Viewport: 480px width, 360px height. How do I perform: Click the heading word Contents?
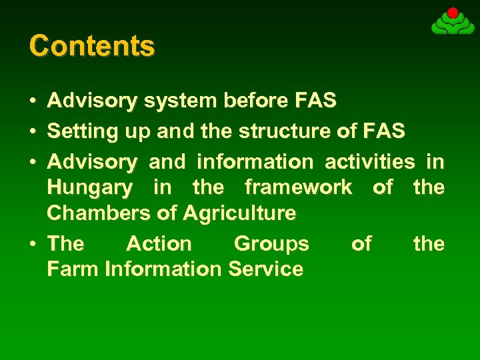coord(92,46)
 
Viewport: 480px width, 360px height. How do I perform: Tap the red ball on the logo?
coord(453,13)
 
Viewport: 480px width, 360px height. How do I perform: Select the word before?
coord(256,101)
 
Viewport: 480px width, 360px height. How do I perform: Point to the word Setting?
coord(83,131)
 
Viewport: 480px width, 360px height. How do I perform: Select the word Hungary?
coord(90,188)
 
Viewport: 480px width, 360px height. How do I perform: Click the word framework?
coord(298,187)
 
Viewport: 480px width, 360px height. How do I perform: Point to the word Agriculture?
coord(239,213)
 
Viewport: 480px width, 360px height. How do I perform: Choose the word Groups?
coord(271,243)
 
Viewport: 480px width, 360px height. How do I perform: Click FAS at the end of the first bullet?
coord(315,101)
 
